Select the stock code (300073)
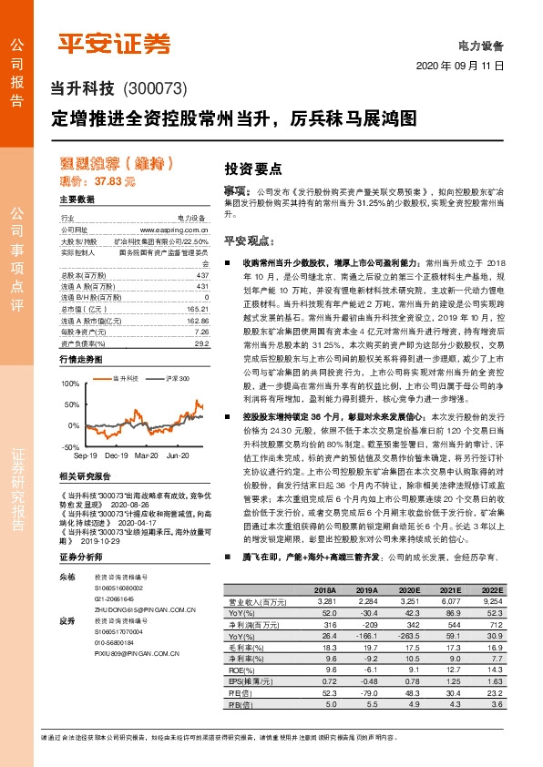(x=154, y=89)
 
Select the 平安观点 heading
(x=249, y=241)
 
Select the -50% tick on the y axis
(x=71, y=447)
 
